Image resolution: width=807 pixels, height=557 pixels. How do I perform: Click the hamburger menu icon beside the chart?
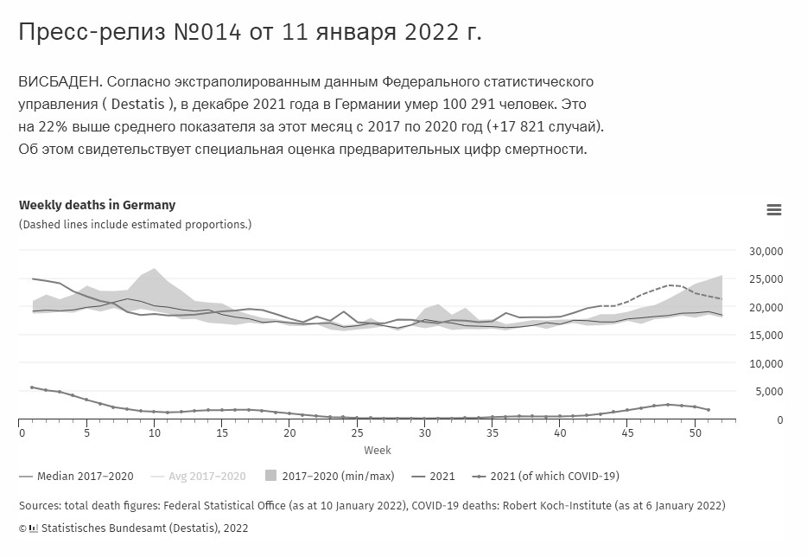(773, 209)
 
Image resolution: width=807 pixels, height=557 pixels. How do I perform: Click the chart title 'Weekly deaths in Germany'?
(98, 205)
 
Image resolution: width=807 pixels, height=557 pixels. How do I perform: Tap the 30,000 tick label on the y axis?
(766, 252)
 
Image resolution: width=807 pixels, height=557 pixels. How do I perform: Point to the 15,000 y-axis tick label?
(766, 336)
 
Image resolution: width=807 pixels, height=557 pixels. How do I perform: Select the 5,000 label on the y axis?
(769, 392)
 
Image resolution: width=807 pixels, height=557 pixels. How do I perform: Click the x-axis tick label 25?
(357, 432)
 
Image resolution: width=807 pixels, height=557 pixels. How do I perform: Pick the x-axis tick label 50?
(695, 432)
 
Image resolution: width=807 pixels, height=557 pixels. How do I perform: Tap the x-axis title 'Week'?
(378, 451)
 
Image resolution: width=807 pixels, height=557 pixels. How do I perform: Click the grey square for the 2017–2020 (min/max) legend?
(270, 476)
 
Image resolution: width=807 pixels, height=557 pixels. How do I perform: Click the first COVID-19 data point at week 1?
(32, 387)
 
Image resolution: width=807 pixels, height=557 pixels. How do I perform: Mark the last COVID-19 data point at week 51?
(709, 410)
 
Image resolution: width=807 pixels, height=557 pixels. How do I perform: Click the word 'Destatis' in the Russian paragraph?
(137, 104)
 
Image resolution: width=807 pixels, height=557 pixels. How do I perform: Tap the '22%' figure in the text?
(53, 127)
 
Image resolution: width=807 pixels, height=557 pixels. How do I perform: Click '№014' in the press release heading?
(207, 32)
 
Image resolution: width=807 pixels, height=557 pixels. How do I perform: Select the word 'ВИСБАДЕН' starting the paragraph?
(61, 82)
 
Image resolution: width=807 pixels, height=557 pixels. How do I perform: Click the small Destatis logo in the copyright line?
(34, 528)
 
